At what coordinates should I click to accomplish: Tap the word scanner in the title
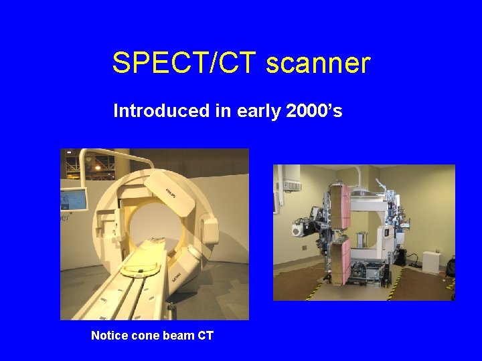[318, 64]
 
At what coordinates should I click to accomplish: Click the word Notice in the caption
[108, 336]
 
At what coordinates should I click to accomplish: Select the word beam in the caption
[179, 336]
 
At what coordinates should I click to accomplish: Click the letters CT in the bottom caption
[205, 336]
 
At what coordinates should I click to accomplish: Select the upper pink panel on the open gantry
[341, 207]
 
